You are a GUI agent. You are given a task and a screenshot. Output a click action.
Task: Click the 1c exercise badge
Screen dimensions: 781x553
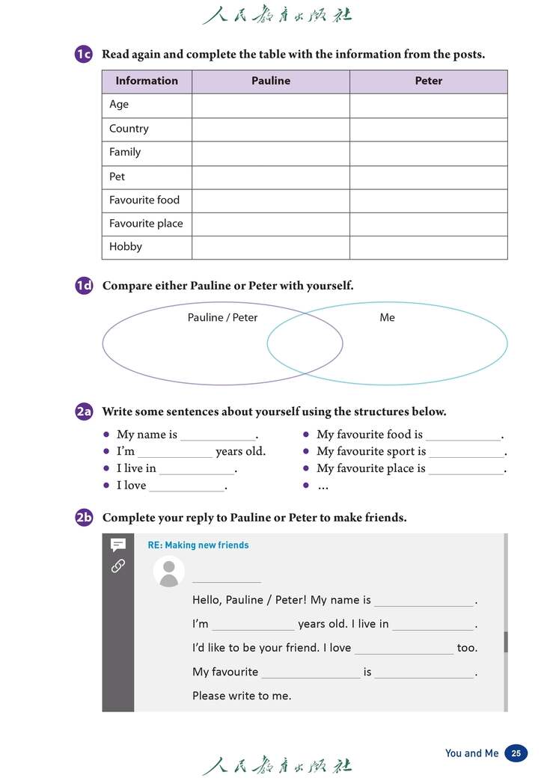(x=83, y=54)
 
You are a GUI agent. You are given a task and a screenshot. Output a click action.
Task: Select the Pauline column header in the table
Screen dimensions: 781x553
(x=270, y=81)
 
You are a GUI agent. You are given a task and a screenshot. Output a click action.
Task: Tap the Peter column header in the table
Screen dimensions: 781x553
(x=428, y=81)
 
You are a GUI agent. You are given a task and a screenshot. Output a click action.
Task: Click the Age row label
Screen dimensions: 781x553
(x=119, y=105)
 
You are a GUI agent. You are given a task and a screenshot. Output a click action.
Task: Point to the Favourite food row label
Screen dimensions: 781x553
(x=144, y=200)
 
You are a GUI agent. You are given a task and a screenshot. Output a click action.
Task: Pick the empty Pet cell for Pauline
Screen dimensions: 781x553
(x=270, y=177)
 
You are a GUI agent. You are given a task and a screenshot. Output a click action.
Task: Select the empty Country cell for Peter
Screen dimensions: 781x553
(x=428, y=129)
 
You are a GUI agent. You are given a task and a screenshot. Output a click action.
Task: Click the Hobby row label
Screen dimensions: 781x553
(x=126, y=247)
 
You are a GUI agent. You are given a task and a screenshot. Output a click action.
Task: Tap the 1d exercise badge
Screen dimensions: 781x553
(x=84, y=286)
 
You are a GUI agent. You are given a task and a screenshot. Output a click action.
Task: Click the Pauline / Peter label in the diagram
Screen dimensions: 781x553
(x=222, y=317)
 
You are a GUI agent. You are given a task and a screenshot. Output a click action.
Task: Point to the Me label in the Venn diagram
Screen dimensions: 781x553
(x=387, y=317)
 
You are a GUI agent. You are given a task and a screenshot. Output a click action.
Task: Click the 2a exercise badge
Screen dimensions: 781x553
(x=84, y=411)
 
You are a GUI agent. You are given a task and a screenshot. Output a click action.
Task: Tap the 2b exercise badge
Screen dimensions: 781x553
(x=84, y=517)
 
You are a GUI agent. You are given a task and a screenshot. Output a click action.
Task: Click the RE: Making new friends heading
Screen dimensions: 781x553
(x=198, y=545)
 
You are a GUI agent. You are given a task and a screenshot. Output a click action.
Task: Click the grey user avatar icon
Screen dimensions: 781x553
(x=169, y=572)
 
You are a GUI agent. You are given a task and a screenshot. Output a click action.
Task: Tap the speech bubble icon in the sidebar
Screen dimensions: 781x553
(x=117, y=545)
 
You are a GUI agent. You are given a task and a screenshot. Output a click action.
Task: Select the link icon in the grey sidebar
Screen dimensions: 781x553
(x=117, y=566)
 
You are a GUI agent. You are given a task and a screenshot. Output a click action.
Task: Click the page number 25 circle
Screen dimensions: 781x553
(x=516, y=753)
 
